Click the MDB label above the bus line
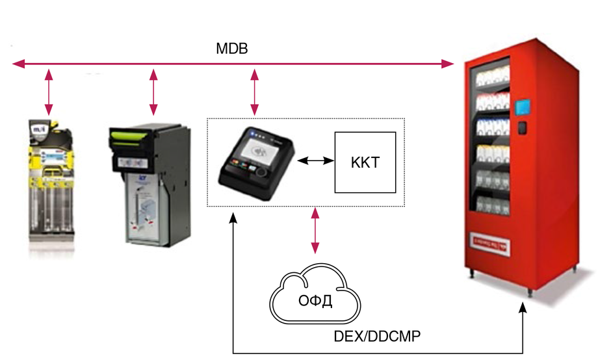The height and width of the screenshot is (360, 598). coord(232,49)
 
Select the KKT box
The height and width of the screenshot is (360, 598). coord(365,162)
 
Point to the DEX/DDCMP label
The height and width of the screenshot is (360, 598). coord(376,337)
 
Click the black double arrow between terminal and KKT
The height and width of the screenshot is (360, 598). coord(315,159)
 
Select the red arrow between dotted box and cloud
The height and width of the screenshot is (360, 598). coord(316,230)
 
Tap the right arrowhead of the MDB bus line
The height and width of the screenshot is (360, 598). coord(448,64)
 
